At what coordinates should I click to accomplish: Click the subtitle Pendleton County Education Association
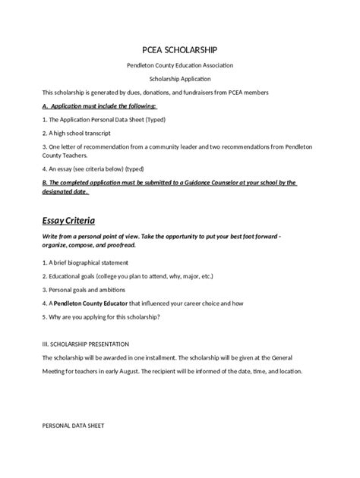(179, 67)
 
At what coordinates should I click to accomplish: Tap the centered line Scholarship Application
(179, 79)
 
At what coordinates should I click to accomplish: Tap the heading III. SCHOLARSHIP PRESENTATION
(91, 343)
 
